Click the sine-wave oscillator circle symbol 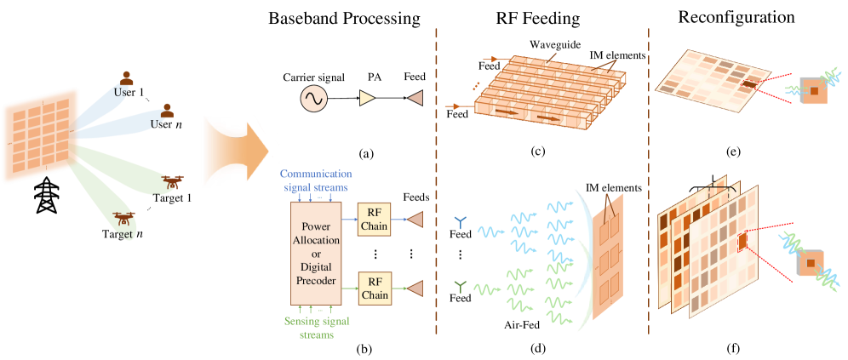(313, 99)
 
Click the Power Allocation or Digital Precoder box (316, 253)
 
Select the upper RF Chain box (374, 220)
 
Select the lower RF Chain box (374, 289)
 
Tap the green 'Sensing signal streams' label (316, 328)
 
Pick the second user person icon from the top (168, 110)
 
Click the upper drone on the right (173, 181)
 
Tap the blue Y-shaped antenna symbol (460, 223)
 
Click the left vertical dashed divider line (437, 179)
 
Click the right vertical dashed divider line (649, 179)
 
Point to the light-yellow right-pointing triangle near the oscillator (367, 98)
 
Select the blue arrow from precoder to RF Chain (349, 220)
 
